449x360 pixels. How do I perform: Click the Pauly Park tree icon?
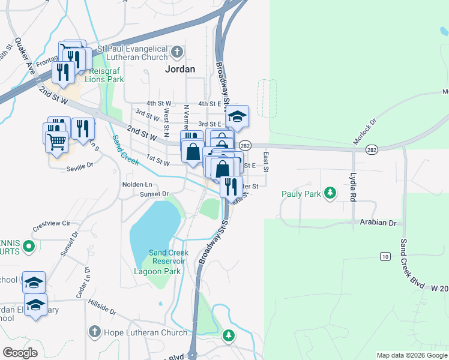click(329, 193)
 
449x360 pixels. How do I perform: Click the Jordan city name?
click(180, 69)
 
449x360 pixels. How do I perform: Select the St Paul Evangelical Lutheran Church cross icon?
click(176, 53)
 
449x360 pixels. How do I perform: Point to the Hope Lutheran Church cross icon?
click(94, 331)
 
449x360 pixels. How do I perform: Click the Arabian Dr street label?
click(378, 223)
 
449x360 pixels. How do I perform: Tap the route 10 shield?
click(384, 257)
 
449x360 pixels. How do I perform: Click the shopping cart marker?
click(56, 142)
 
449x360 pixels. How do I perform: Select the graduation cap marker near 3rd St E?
click(238, 116)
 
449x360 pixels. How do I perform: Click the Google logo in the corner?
click(20, 352)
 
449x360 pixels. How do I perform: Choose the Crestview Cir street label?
click(52, 226)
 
